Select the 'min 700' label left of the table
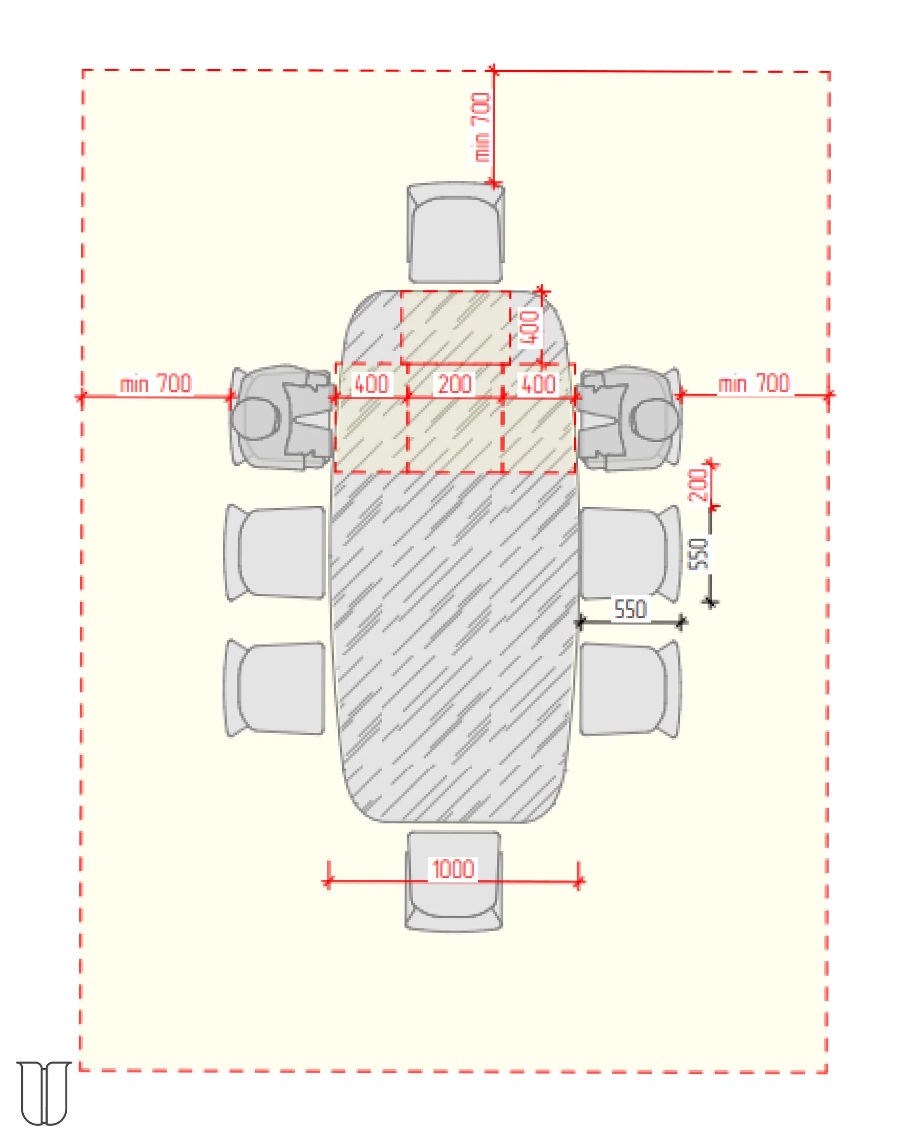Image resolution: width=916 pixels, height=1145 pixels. (155, 384)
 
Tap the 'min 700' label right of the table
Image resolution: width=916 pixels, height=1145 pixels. (753, 383)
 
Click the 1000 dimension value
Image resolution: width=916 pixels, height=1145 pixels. (452, 869)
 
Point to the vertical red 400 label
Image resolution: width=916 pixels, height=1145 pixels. (530, 328)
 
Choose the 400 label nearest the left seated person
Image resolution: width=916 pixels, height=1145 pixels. (372, 384)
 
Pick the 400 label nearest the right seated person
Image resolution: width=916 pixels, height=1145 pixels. (539, 384)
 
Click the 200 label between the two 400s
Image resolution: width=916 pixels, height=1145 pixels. (455, 384)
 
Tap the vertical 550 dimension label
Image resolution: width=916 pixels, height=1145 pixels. (698, 553)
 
